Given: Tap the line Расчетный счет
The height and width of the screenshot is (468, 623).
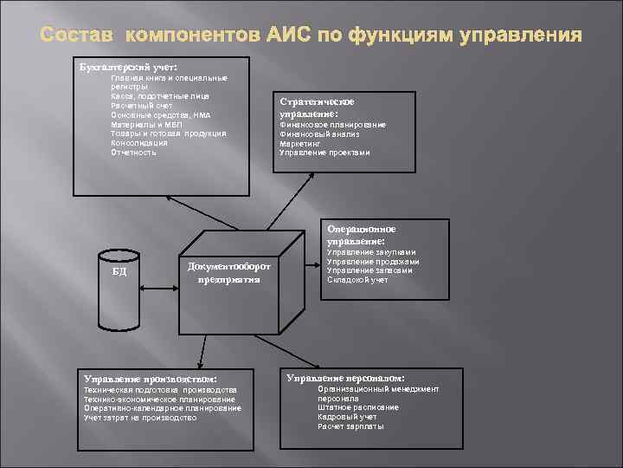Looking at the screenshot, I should click(x=142, y=105).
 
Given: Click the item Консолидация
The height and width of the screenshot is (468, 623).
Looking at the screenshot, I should click(x=139, y=143).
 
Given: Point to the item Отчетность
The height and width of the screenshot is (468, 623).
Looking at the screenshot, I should click(x=134, y=153).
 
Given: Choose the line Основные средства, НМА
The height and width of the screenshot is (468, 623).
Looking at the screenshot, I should click(x=161, y=114).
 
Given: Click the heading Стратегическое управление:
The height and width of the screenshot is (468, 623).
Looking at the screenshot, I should click(x=317, y=107).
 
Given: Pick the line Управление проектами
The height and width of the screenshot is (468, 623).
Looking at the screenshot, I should click(x=324, y=153).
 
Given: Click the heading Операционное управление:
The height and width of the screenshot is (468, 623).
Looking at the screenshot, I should click(x=362, y=234).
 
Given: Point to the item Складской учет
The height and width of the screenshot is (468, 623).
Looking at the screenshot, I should click(x=358, y=279).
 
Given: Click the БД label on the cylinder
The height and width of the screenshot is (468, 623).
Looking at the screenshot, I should click(x=120, y=271).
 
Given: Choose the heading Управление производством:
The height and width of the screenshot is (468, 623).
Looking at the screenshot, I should click(x=150, y=379).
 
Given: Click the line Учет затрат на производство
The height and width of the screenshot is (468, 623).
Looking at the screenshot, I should click(x=140, y=418).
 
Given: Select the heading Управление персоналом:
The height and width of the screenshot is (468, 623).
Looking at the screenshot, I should click(x=346, y=378).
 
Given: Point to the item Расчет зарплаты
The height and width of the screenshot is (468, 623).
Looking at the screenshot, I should click(x=350, y=426).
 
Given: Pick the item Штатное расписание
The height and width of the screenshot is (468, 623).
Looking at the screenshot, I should click(x=358, y=407).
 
